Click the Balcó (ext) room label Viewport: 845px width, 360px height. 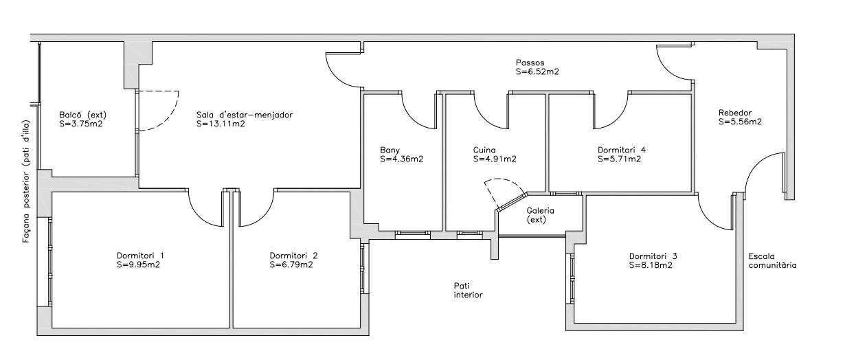(x=83, y=115)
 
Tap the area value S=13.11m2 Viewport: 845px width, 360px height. (x=221, y=124)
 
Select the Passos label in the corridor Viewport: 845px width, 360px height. (x=530, y=63)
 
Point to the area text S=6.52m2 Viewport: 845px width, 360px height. (x=537, y=71)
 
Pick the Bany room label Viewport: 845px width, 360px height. (x=390, y=150)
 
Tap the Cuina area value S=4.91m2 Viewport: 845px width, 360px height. (x=495, y=159)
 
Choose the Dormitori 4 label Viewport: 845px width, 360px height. (x=621, y=150)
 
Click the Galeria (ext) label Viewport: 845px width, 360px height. (x=540, y=215)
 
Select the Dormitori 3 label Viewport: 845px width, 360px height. (x=653, y=256)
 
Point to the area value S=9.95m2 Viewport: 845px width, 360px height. (x=139, y=265)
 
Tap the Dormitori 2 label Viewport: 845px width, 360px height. (x=293, y=256)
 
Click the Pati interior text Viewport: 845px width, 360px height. (x=468, y=291)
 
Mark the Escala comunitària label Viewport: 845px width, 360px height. (x=773, y=261)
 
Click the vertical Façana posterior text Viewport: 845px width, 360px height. (x=26, y=182)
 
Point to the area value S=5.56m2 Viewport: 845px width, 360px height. (x=740, y=122)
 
